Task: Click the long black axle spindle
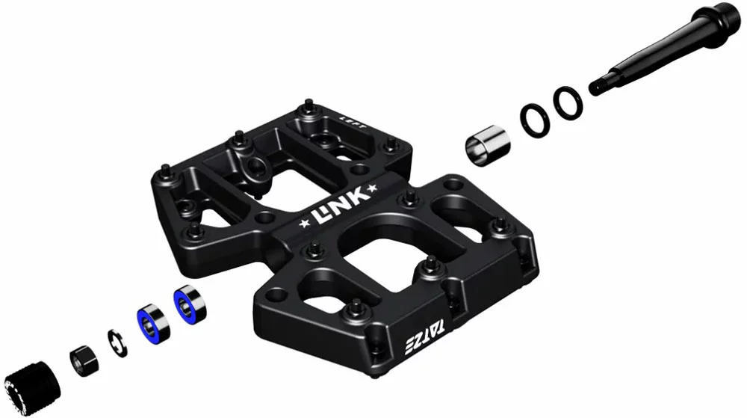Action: (x=657, y=53)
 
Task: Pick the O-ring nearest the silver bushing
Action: (x=533, y=117)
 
